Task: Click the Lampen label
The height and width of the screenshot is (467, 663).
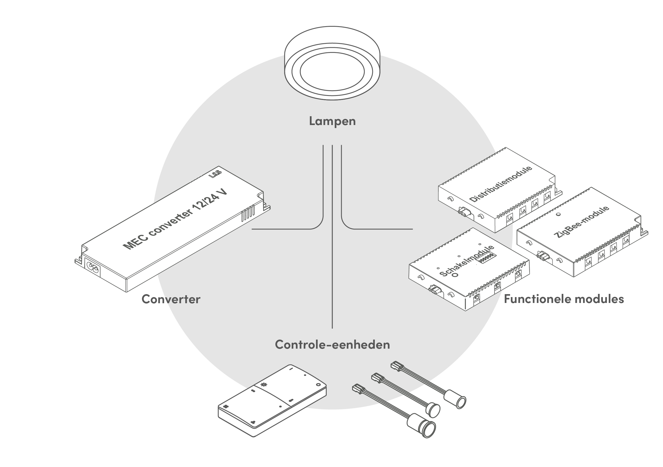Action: (x=332, y=121)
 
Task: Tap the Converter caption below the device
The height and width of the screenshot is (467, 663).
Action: (x=171, y=299)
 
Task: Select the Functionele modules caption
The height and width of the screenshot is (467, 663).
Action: (x=564, y=299)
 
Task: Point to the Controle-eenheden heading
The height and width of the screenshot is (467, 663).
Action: (x=332, y=345)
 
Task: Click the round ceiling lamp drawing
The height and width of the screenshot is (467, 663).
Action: (x=332, y=64)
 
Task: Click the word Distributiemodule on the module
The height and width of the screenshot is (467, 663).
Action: (x=500, y=184)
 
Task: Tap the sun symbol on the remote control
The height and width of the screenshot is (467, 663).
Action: (x=263, y=384)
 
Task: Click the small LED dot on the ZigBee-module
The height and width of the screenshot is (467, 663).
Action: (x=558, y=214)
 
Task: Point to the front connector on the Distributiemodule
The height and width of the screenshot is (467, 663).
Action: (x=465, y=212)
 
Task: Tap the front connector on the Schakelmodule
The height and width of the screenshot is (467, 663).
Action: (x=436, y=289)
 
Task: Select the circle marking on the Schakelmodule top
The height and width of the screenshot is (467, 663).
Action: (x=455, y=275)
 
